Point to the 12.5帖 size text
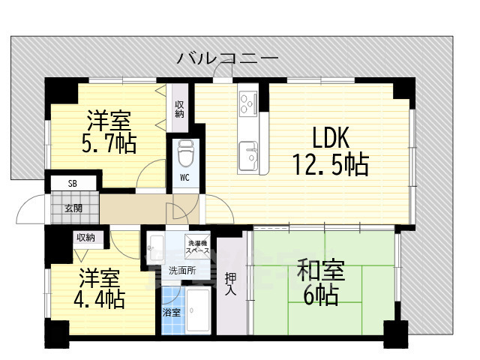tap(330, 163)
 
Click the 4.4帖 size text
tap(99, 299)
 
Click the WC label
tap(184, 178)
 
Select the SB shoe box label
tap(72, 183)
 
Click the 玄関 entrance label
tap(73, 208)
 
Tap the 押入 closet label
tap(231, 283)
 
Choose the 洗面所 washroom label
tap(182, 271)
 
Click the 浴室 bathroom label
tap(172, 313)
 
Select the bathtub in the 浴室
tap(200, 311)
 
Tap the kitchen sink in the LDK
tap(248, 157)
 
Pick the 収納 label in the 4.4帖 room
tap(85, 238)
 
